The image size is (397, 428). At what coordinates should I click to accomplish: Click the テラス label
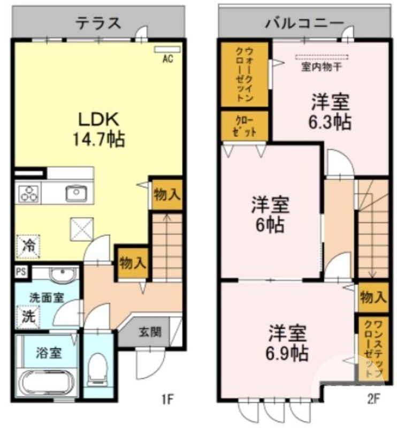point(98,23)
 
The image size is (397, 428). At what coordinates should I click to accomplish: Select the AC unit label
point(167,60)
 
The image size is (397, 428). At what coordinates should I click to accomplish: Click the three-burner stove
point(28,193)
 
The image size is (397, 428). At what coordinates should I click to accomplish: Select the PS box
point(20,271)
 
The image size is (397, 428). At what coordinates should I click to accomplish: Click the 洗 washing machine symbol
point(27,315)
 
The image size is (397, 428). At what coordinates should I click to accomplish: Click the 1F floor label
point(168,399)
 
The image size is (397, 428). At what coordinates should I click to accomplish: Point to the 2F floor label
point(373,399)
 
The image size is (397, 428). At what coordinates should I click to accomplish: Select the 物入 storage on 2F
point(373,297)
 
